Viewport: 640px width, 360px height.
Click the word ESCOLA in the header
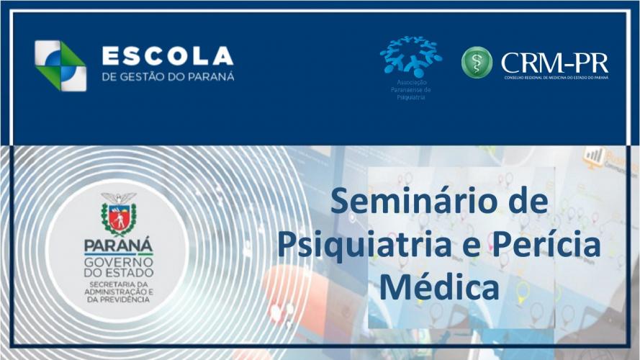[168, 56]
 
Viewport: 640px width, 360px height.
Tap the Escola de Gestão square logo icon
[60, 66]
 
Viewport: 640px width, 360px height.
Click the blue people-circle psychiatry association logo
[411, 56]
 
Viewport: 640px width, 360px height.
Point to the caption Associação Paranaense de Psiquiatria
[412, 90]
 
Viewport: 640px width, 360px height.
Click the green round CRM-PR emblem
[477, 63]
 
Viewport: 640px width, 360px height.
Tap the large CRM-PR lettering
[554, 61]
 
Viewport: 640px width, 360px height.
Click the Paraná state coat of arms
[119, 214]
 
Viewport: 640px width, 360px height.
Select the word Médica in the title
[439, 287]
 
